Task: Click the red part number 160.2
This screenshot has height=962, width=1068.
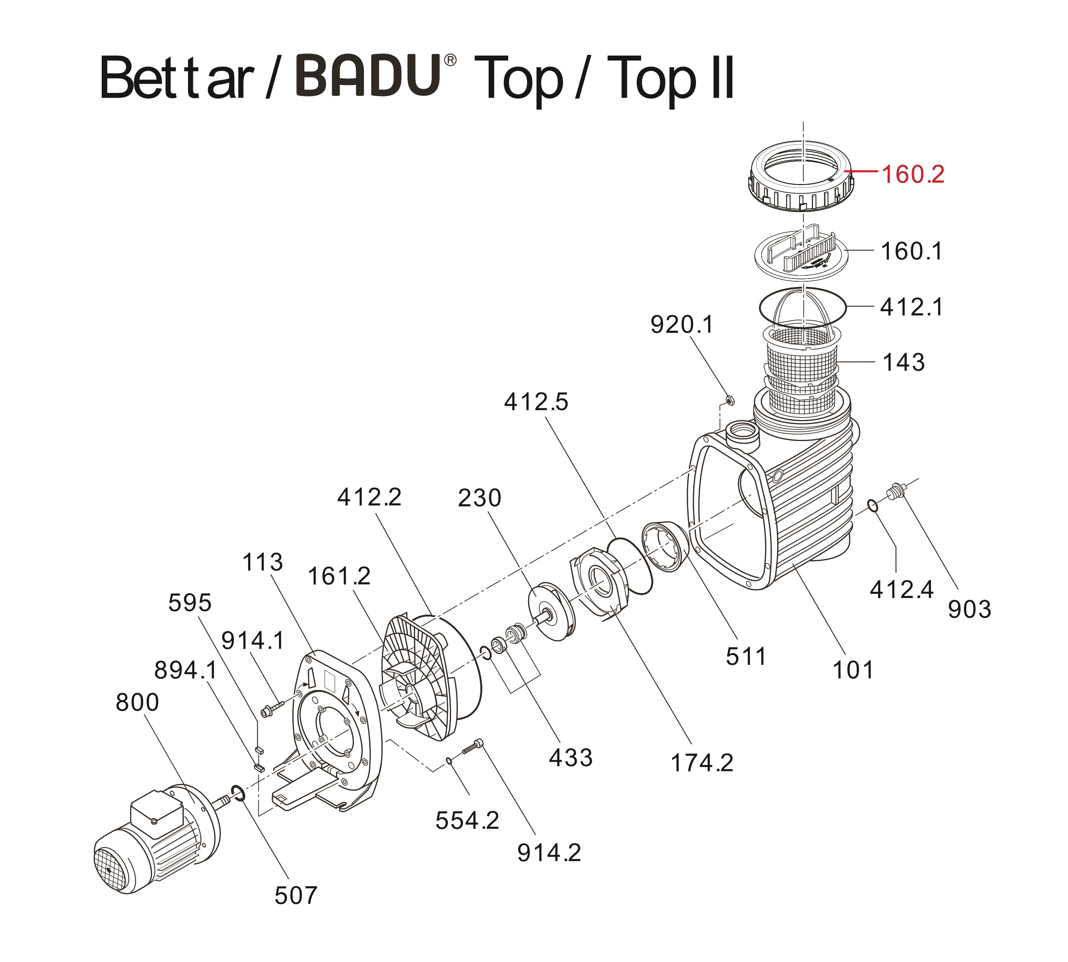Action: [x=913, y=174]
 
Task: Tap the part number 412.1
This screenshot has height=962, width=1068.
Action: [x=911, y=307]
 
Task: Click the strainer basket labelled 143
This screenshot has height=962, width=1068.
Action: [x=802, y=370]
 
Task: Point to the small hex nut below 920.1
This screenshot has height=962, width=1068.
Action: [x=729, y=400]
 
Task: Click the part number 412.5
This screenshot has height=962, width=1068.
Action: [x=536, y=402]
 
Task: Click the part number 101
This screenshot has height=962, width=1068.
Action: [x=853, y=670]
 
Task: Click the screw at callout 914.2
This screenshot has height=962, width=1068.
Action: [x=473, y=748]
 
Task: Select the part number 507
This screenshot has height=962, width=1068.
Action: [x=296, y=896]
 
